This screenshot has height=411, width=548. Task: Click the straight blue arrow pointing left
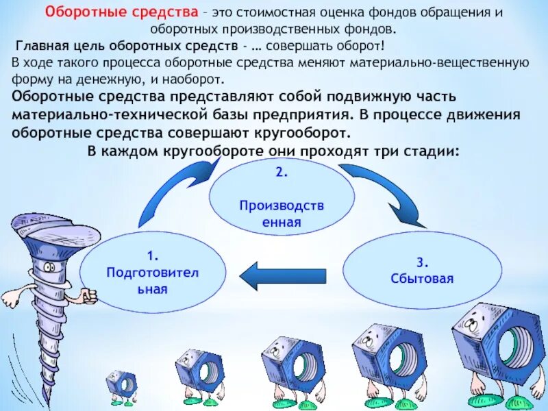pyautogui.click(x=280, y=275)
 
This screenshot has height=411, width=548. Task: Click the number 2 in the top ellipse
pyautogui.click(x=281, y=172)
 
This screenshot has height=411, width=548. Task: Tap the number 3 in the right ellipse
pyautogui.click(x=422, y=262)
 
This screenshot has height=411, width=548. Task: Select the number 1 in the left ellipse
pyautogui.click(x=153, y=258)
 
